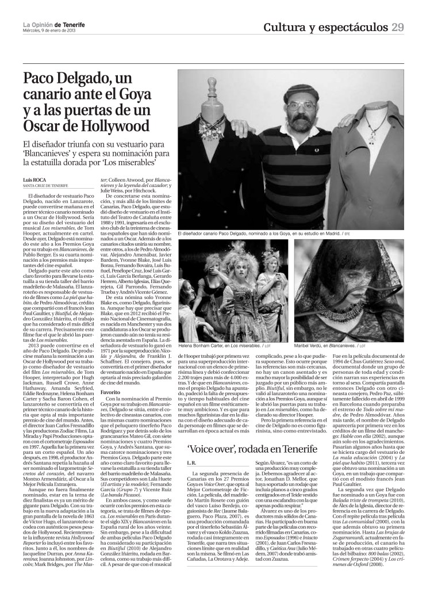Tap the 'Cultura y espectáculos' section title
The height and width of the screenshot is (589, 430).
(326, 28)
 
